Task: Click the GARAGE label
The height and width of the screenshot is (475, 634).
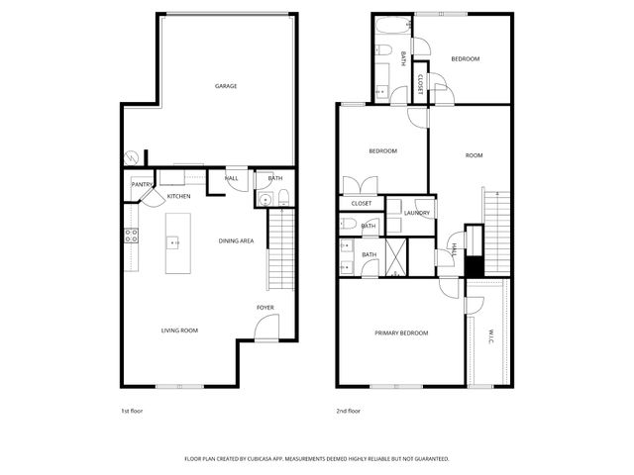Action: [226, 86]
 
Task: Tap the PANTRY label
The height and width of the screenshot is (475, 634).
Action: [142, 184]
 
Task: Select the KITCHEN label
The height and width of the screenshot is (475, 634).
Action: [178, 196]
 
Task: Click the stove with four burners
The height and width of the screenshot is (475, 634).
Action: [130, 236]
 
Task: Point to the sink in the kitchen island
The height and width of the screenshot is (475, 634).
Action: [173, 241]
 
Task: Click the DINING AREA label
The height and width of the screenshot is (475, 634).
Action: [237, 240]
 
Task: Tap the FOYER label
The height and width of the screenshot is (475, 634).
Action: [265, 308]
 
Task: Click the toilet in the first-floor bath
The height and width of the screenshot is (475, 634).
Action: [282, 195]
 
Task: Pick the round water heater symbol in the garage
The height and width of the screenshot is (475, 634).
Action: [132, 155]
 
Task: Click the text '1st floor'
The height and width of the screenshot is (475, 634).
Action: [131, 410]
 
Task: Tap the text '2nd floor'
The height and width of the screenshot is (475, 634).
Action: [348, 410]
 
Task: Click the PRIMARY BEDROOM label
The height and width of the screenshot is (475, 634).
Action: [401, 332]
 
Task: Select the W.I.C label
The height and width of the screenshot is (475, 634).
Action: [490, 336]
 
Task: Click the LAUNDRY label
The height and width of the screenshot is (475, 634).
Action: [416, 213]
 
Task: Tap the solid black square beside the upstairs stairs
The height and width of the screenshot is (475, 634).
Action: [475, 266]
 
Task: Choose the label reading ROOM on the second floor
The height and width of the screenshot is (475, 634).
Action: [474, 155]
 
